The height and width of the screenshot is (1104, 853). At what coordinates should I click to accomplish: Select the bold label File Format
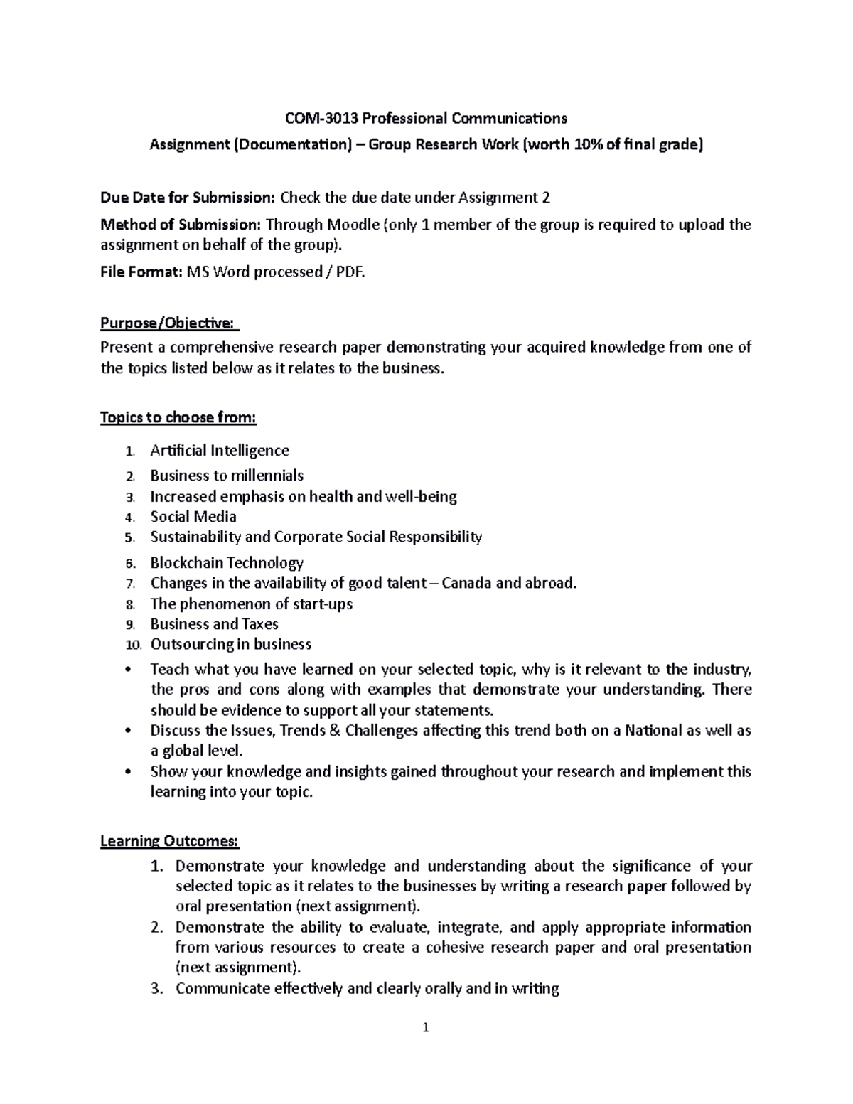click(x=141, y=272)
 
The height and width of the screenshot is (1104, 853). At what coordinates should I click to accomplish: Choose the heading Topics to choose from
click(x=178, y=417)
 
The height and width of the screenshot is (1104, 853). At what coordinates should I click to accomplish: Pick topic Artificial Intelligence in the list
click(x=219, y=451)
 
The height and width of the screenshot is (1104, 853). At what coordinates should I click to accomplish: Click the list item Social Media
click(x=193, y=517)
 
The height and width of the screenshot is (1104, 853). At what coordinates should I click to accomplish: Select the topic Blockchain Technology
click(x=226, y=563)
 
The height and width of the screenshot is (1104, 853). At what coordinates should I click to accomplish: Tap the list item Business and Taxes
click(x=214, y=624)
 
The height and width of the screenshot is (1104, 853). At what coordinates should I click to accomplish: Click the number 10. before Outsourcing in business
click(x=133, y=645)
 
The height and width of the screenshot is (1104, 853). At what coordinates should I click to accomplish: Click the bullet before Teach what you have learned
click(x=128, y=670)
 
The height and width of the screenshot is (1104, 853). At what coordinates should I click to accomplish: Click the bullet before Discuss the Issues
click(x=128, y=731)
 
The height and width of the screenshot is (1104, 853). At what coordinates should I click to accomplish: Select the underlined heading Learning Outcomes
click(x=169, y=841)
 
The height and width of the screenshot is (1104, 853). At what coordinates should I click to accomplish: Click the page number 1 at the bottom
click(x=425, y=1046)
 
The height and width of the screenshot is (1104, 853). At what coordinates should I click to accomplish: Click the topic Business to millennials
click(x=226, y=476)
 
